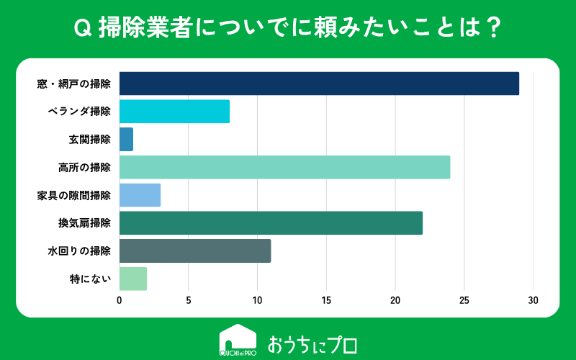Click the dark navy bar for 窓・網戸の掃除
click(x=319, y=84)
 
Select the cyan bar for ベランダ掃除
click(x=174, y=112)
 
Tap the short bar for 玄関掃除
click(x=127, y=139)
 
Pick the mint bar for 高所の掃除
click(x=284, y=167)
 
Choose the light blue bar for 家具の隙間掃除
click(x=140, y=195)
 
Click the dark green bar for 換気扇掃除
click(x=271, y=223)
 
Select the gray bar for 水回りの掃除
click(x=195, y=251)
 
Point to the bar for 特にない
click(x=133, y=279)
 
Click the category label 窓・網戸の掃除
click(x=74, y=84)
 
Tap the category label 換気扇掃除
click(x=84, y=223)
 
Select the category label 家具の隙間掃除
click(x=74, y=195)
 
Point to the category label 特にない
click(x=91, y=279)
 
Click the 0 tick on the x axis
click(x=120, y=300)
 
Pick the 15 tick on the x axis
click(x=326, y=300)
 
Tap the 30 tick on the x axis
click(x=533, y=300)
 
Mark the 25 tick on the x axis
click(x=464, y=300)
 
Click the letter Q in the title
click(x=83, y=28)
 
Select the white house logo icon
click(x=238, y=340)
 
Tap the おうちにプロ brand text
click(x=312, y=345)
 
